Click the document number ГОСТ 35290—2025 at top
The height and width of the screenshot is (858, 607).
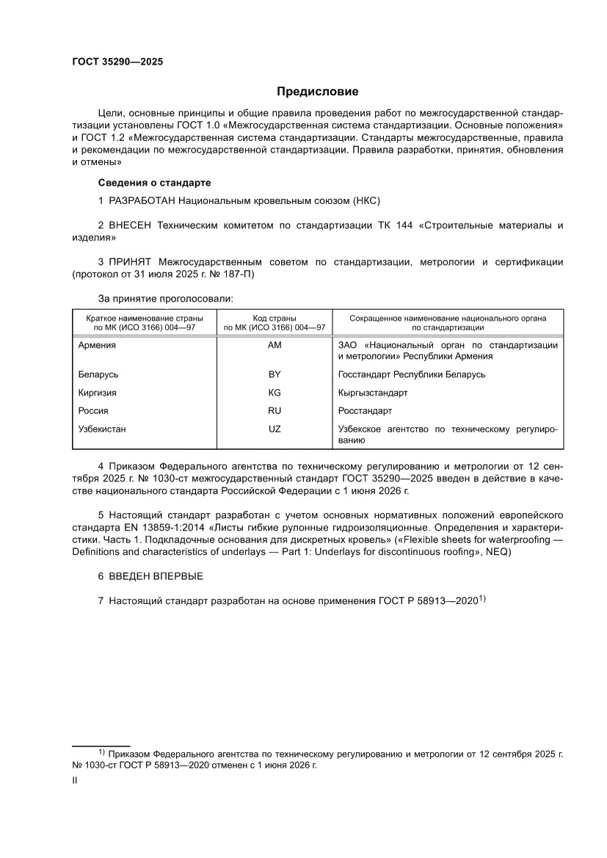117,62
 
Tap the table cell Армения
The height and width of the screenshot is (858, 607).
97,345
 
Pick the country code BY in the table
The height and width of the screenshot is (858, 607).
275,374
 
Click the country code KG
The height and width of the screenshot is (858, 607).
275,393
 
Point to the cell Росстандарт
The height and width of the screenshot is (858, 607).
365,411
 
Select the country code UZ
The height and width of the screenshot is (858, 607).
275,429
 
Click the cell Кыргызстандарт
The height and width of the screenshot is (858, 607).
373,393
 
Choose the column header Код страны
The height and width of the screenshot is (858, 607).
275,319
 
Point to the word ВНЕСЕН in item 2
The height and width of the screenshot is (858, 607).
129,225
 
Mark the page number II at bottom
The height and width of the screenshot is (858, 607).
74,781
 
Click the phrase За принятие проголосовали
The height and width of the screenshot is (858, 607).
165,299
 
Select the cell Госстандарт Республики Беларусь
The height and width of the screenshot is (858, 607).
411,374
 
